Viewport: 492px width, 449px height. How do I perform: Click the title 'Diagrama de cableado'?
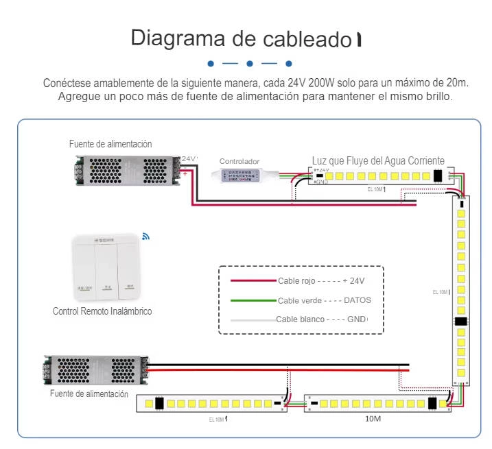coord(242,38)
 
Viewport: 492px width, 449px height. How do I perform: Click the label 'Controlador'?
coord(239,161)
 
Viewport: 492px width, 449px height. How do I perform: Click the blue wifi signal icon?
coord(145,236)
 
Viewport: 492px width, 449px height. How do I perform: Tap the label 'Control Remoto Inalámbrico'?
coord(102,311)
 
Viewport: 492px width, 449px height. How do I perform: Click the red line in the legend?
coord(253,280)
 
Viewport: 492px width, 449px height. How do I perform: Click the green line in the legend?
coord(253,300)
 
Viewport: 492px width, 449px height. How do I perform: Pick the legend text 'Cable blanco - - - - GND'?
coord(321,319)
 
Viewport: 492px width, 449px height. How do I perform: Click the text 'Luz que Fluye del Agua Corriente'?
coord(378,160)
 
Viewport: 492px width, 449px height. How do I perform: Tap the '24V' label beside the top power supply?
coord(189,159)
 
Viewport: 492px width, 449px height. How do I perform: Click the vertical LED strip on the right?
coord(462,288)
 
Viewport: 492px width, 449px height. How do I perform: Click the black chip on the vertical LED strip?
coord(461,321)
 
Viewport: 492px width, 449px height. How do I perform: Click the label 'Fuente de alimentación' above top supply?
coord(110,144)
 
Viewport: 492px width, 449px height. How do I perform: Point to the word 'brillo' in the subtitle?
coord(437,97)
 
